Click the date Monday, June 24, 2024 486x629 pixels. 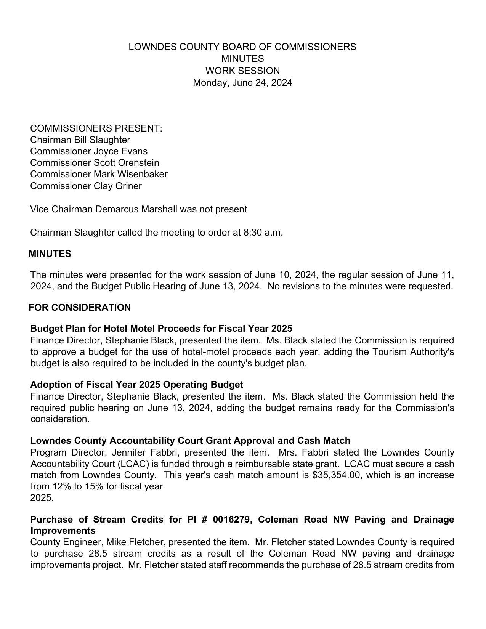click(242, 83)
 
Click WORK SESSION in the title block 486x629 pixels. click(242, 71)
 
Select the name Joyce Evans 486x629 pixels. click(120, 151)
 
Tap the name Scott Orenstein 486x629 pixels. click(126, 163)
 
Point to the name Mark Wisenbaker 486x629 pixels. click(130, 174)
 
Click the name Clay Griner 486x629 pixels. click(117, 186)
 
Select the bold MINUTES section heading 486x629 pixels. click(50, 254)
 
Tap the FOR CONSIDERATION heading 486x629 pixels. click(80, 308)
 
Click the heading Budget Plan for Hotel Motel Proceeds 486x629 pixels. click(161, 329)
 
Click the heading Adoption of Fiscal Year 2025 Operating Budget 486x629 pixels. click(136, 385)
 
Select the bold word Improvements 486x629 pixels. click(63, 531)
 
